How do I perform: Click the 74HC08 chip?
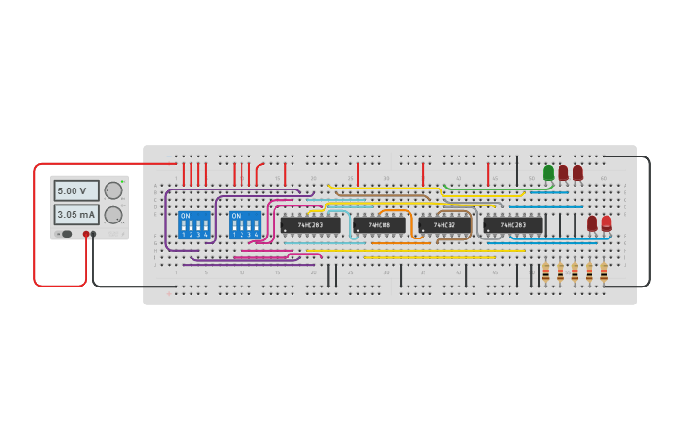(379, 225)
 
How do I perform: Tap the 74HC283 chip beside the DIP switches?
(310, 225)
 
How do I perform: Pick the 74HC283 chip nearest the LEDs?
(513, 225)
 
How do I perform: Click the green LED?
(548, 172)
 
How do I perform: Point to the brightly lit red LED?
(607, 222)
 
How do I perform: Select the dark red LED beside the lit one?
(592, 222)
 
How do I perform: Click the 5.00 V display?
(75, 190)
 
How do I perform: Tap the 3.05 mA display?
(75, 214)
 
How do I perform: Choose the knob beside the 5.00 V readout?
(112, 190)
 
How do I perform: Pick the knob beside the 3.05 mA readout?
(112, 215)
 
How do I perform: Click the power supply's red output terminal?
(86, 234)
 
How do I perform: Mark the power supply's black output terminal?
(93, 234)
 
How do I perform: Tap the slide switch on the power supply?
(65, 234)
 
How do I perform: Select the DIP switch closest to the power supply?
(194, 225)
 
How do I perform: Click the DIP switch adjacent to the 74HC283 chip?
(245, 225)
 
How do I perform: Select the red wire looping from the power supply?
(35, 226)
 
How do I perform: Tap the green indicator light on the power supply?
(123, 182)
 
